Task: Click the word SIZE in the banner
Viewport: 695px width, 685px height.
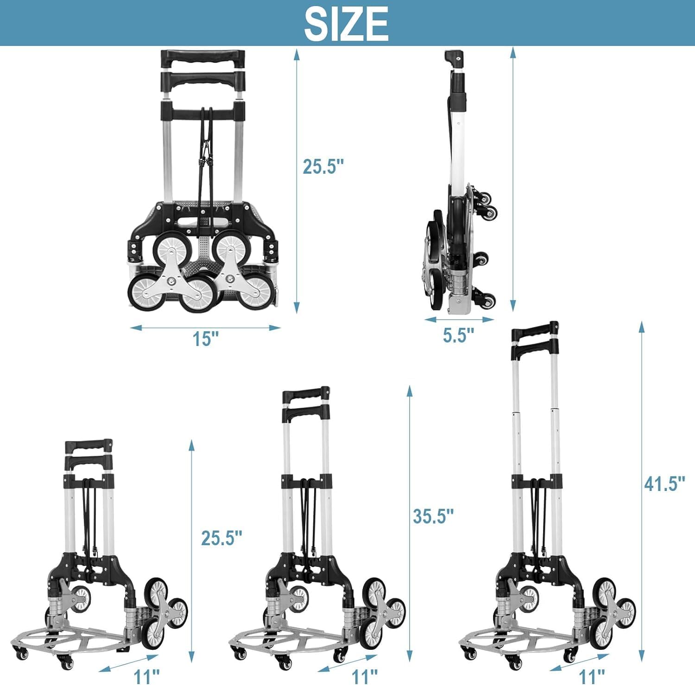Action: (346, 24)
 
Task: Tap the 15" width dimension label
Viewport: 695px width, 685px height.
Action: (205, 339)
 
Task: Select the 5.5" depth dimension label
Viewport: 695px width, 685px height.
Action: (458, 335)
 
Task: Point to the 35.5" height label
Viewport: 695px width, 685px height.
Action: (433, 515)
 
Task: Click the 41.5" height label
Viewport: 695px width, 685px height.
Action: (664, 484)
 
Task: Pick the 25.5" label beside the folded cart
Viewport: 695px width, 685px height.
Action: (323, 167)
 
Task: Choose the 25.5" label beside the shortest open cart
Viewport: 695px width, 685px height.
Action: (221, 538)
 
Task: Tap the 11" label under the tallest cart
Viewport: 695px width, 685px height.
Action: (592, 676)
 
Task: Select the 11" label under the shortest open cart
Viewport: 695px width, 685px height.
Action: (146, 676)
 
